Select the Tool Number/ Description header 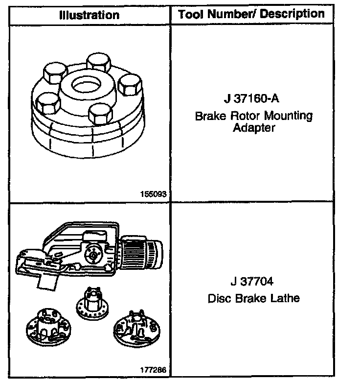251,14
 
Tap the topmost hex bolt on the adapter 97,63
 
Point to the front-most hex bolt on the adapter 101,112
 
